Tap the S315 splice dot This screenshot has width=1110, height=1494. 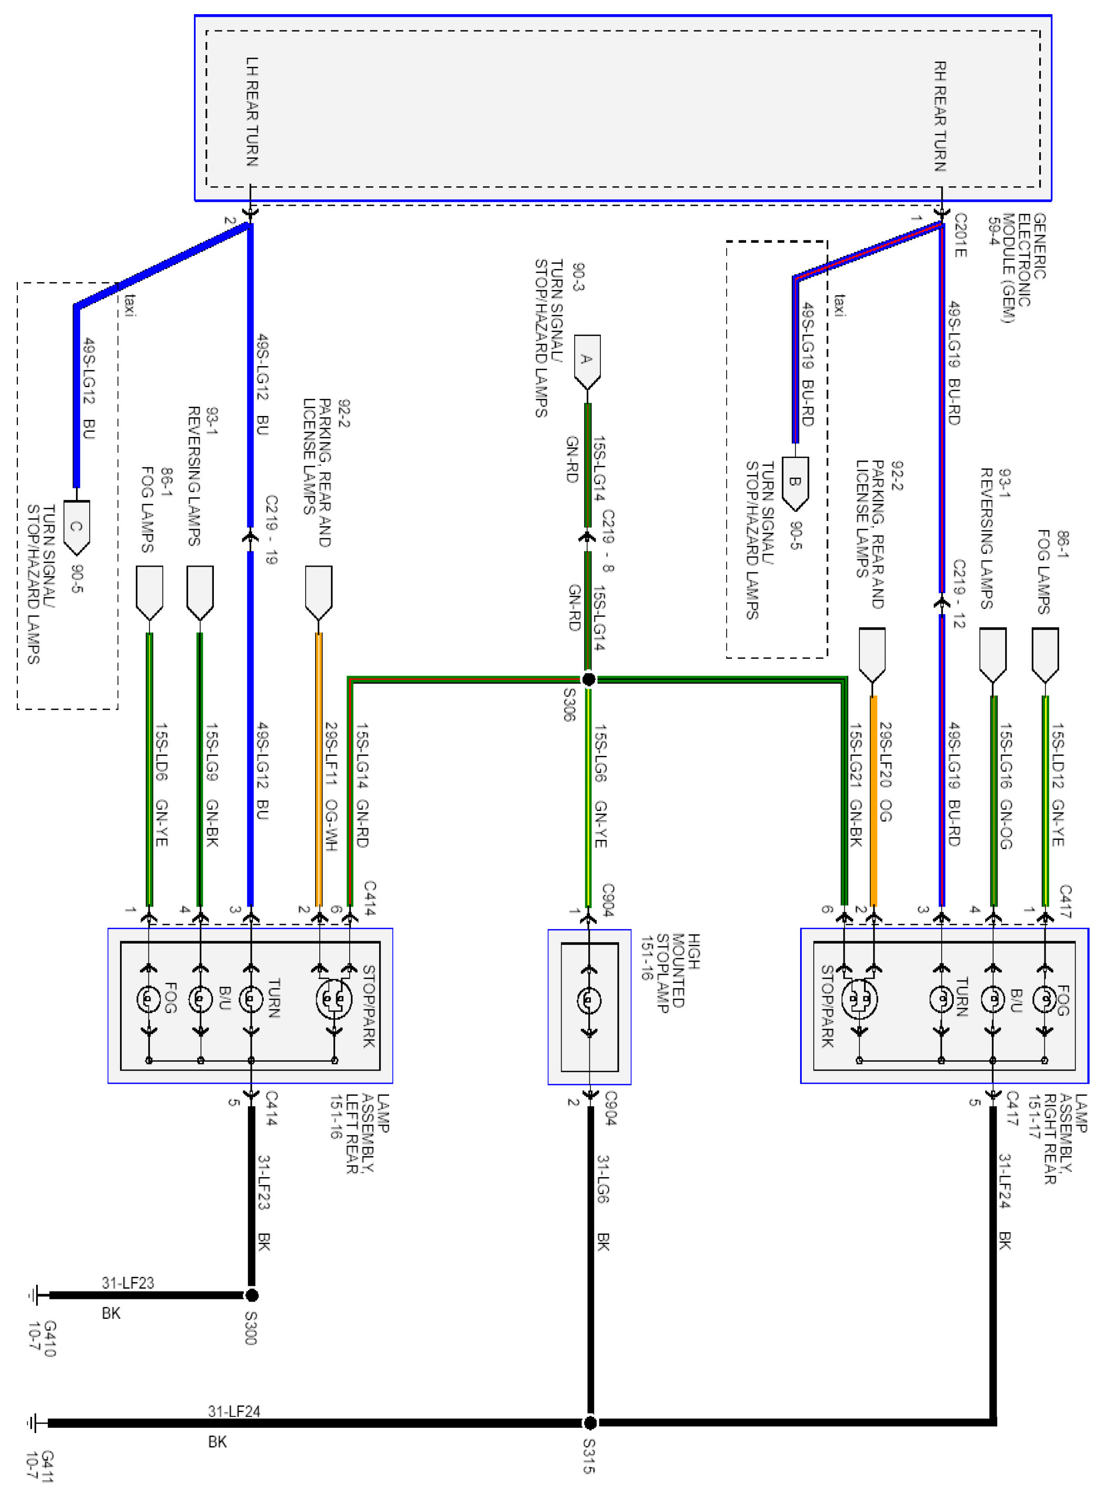(x=589, y=1422)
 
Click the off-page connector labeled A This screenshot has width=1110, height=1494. (x=587, y=361)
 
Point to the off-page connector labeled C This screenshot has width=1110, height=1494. (x=76, y=527)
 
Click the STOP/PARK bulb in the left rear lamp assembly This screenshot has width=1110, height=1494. (x=334, y=999)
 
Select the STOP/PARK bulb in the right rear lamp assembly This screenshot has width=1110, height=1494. (x=859, y=999)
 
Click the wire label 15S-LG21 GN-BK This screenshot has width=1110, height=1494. (x=855, y=785)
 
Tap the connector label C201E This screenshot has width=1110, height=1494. (x=960, y=235)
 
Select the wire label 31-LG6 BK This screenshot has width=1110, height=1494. (x=602, y=1202)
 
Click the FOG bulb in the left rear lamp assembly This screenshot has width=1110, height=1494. (x=149, y=999)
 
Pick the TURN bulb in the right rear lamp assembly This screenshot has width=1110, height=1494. (x=941, y=999)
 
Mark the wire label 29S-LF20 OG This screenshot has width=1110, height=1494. (x=885, y=773)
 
